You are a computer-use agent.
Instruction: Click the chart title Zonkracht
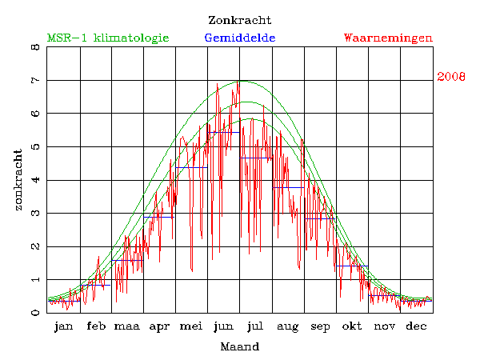point(239,20)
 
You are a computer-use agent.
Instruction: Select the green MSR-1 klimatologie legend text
point(108,38)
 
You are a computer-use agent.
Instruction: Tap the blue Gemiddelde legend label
point(240,38)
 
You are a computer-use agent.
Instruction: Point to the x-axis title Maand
point(239,346)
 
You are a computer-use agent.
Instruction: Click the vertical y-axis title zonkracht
point(18,179)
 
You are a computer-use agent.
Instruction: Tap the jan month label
point(64,326)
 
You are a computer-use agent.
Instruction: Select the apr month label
point(160,326)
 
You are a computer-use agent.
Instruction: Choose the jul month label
point(256,326)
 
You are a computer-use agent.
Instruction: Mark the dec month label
point(416,326)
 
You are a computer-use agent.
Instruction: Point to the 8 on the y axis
point(35,47)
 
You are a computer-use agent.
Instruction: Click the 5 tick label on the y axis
point(35,147)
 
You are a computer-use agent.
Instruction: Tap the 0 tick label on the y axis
point(35,313)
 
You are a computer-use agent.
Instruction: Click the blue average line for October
point(352,266)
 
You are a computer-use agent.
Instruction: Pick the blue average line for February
point(96,285)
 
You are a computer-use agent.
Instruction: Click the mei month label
point(192,326)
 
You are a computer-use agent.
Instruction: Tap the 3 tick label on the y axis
point(35,214)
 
